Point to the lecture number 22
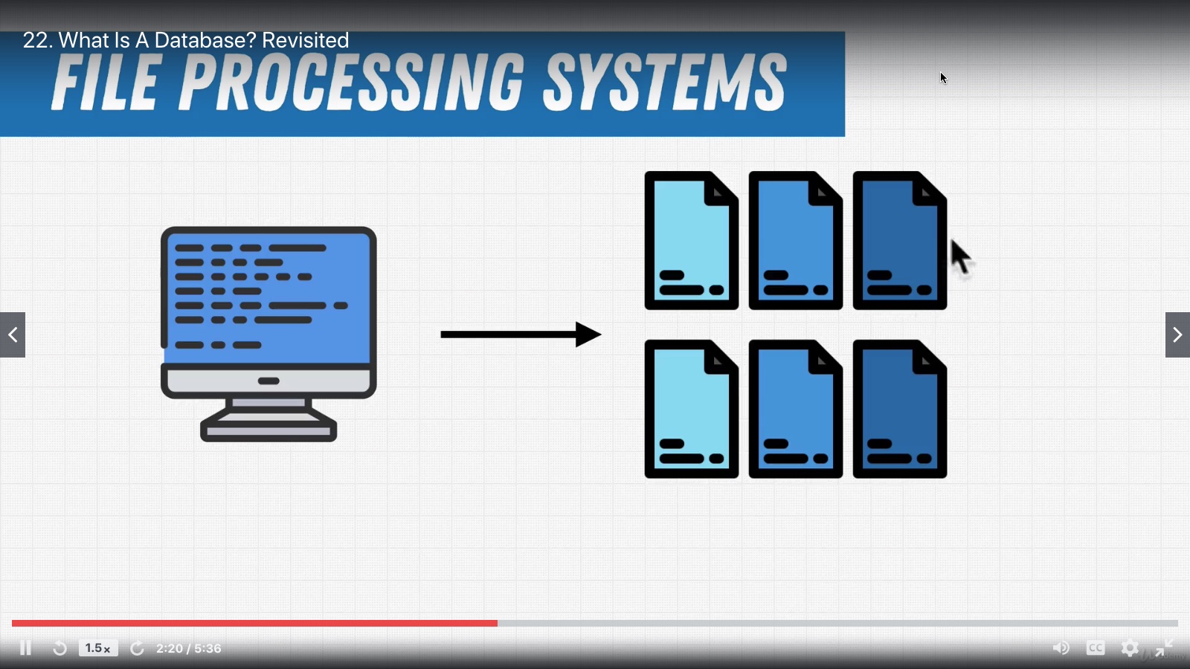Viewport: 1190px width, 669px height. (x=37, y=40)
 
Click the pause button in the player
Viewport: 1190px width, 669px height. (x=25, y=648)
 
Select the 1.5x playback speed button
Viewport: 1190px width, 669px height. (x=97, y=648)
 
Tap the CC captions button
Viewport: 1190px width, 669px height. (x=1096, y=648)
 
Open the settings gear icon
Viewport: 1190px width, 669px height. (x=1130, y=648)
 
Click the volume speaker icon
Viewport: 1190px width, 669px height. (x=1061, y=648)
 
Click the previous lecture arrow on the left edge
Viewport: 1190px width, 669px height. (x=13, y=334)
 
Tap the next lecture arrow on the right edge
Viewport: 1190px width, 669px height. (x=1177, y=334)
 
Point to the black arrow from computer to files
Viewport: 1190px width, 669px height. (x=521, y=334)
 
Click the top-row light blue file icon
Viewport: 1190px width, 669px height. (x=691, y=240)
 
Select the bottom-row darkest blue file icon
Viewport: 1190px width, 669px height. (x=899, y=409)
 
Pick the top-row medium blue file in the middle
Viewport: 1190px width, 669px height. (x=795, y=240)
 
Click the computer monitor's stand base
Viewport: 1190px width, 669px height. (x=268, y=430)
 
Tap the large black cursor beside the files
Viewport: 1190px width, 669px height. (x=960, y=256)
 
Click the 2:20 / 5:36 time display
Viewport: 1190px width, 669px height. (x=189, y=648)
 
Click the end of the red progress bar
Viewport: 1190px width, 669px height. (x=496, y=623)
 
